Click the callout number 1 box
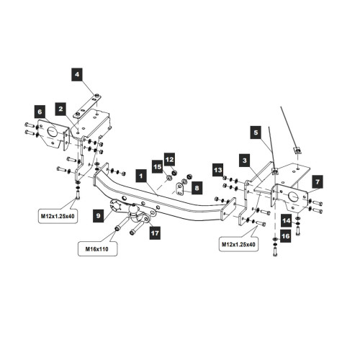(x=141, y=176)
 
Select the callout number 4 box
(x=77, y=74)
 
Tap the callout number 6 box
(x=40, y=112)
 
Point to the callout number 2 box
(x=60, y=109)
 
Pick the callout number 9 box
(x=98, y=215)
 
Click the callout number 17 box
(x=155, y=233)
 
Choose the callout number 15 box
(x=158, y=166)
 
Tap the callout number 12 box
(x=169, y=159)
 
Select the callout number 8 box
(x=197, y=188)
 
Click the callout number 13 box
(x=218, y=170)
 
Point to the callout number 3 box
(x=245, y=161)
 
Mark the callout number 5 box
(x=256, y=132)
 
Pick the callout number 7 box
(x=318, y=181)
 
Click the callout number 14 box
(x=287, y=220)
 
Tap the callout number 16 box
(x=286, y=236)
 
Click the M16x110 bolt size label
(x=97, y=249)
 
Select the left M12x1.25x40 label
(x=58, y=216)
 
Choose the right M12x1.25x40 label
(x=238, y=244)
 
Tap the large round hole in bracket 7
(x=293, y=197)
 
